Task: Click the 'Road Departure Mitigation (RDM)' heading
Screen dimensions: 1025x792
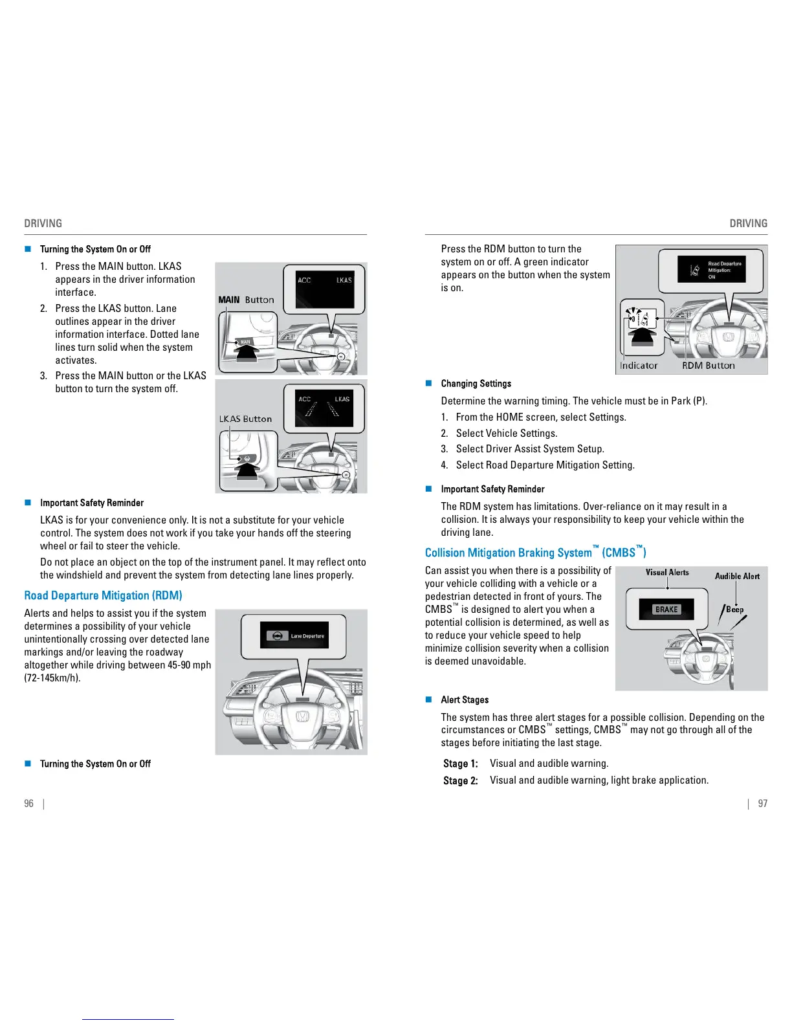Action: coord(103,595)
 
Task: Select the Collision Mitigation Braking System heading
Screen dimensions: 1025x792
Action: coord(535,553)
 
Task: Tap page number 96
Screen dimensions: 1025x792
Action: coord(28,804)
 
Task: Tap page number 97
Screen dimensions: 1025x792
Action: coord(763,804)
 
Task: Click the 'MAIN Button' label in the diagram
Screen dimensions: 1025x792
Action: coord(246,300)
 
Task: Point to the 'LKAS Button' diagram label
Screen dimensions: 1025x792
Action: coord(245,419)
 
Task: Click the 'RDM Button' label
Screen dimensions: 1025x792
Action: coord(708,366)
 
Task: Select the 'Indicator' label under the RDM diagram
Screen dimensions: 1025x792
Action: coord(638,366)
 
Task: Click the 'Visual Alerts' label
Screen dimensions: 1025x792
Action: coord(667,572)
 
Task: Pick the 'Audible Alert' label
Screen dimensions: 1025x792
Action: coord(737,576)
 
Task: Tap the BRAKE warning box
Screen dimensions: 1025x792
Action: coord(666,609)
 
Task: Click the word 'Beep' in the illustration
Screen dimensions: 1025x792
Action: coord(734,609)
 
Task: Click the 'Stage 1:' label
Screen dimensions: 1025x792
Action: coord(460,764)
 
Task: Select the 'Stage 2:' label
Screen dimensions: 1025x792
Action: coord(460,780)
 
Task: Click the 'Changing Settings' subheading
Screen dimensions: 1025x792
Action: coord(476,384)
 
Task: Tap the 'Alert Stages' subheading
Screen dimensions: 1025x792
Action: coord(465,700)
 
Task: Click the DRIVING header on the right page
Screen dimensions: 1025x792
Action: coord(748,223)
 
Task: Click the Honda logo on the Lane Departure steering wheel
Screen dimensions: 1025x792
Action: coord(302,716)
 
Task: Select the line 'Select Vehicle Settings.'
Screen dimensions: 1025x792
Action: coord(506,434)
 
